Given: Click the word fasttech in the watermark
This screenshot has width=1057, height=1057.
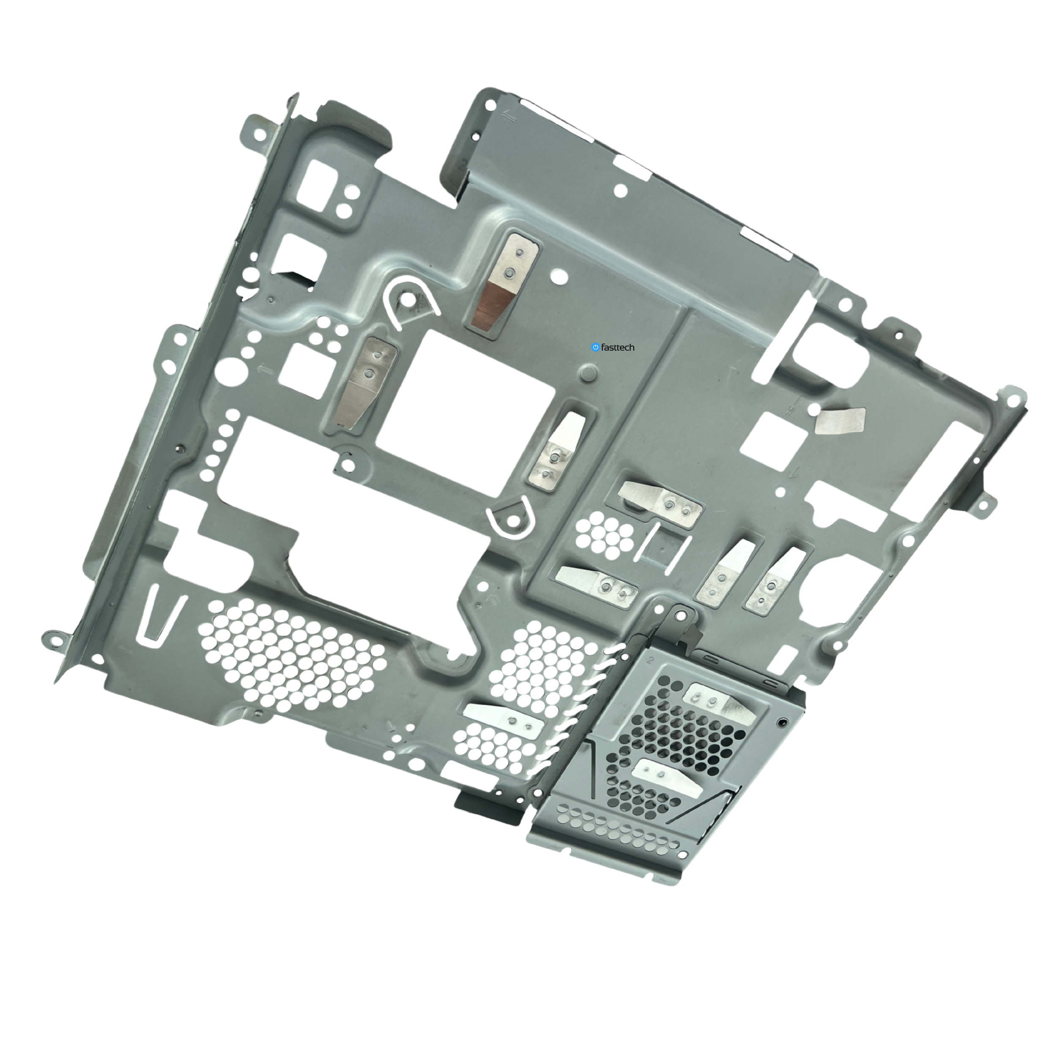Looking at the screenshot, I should click(x=617, y=348).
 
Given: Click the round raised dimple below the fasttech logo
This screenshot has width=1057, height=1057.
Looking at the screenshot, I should click(x=589, y=374).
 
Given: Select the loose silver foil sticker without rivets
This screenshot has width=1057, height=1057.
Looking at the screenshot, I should click(x=840, y=421).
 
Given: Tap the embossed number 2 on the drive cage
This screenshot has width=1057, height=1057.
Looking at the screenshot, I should click(x=650, y=660).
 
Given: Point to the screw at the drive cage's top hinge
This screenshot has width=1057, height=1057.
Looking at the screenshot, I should click(x=681, y=616).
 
